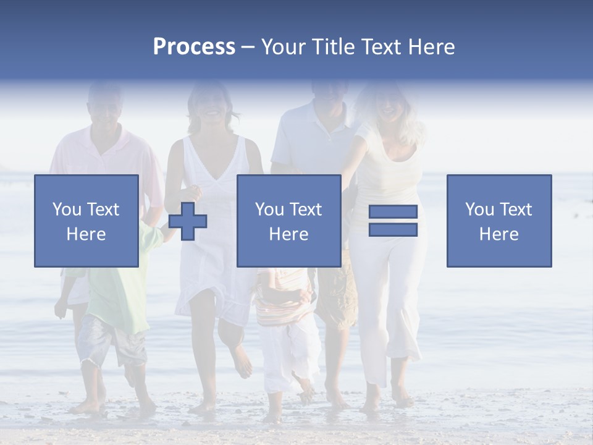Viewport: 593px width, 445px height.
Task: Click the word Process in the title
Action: (x=194, y=47)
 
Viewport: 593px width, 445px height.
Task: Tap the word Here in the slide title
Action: (x=431, y=47)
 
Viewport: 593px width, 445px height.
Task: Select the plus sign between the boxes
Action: (x=188, y=221)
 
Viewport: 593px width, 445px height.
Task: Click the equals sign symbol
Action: (x=393, y=221)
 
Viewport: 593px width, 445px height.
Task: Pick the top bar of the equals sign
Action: (x=393, y=211)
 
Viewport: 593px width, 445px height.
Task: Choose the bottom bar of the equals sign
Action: (x=393, y=230)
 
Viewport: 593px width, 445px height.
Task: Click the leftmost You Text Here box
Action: (x=86, y=221)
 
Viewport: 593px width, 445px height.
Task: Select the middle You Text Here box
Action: (x=288, y=221)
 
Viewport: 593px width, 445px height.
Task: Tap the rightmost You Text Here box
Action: (x=498, y=221)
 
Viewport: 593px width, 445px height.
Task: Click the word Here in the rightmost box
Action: (x=498, y=234)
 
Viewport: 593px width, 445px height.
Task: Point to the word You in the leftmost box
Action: (x=66, y=209)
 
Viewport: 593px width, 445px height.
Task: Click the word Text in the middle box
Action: (x=305, y=209)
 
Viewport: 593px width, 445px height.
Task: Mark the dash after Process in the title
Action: (x=248, y=47)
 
